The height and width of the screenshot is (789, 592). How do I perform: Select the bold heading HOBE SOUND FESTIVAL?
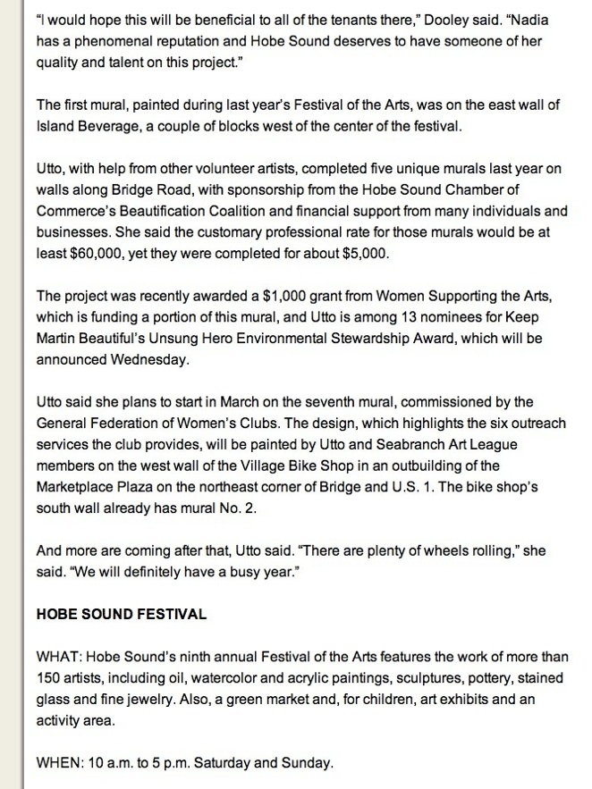point(122,614)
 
